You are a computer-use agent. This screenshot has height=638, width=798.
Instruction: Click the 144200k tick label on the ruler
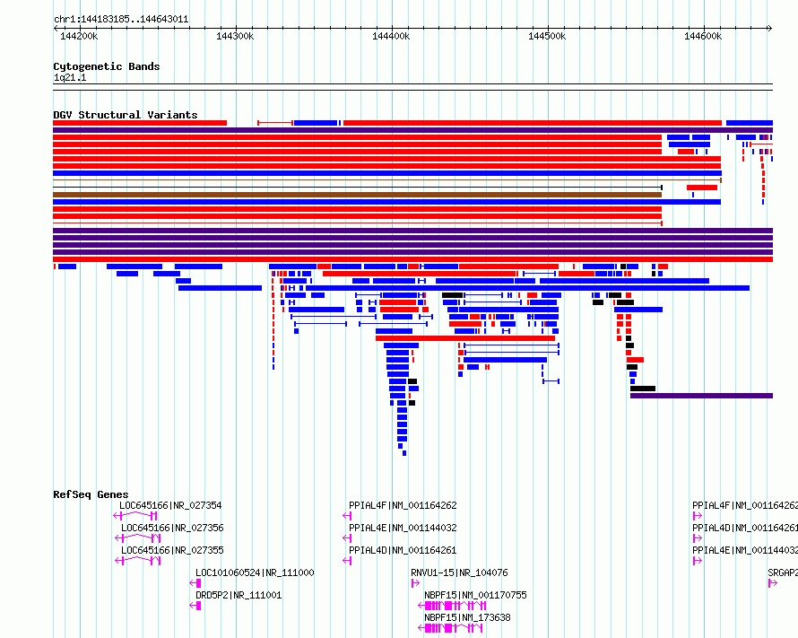79,36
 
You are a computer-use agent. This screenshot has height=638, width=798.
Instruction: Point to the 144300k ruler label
235,36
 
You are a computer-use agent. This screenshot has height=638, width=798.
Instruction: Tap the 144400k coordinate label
391,36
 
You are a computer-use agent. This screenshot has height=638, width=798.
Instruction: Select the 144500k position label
547,36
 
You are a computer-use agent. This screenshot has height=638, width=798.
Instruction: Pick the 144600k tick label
703,36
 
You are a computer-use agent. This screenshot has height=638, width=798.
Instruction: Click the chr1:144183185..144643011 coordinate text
121,20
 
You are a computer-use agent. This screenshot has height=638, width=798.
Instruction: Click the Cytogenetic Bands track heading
107,66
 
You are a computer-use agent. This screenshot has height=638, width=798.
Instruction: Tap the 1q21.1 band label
70,77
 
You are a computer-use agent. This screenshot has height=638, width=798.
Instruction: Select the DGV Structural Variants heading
126,115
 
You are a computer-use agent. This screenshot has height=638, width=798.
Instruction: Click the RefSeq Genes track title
91,494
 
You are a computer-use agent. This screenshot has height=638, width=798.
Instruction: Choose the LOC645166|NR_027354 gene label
170,505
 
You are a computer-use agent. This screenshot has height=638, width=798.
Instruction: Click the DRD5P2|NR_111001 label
239,595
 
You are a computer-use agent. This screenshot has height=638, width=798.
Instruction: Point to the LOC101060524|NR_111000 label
255,572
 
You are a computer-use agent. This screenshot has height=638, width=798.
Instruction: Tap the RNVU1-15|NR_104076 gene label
460,572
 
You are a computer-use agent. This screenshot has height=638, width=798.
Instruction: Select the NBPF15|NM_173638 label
468,617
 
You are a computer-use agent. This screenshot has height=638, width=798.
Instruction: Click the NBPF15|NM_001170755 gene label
475,595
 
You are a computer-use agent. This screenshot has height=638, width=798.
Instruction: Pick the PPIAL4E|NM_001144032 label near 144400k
403,528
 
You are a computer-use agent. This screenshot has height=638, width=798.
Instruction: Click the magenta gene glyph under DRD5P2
195,606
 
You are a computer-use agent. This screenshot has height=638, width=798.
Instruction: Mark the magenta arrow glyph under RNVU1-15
415,583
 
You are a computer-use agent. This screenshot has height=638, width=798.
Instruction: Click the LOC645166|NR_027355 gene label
172,550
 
